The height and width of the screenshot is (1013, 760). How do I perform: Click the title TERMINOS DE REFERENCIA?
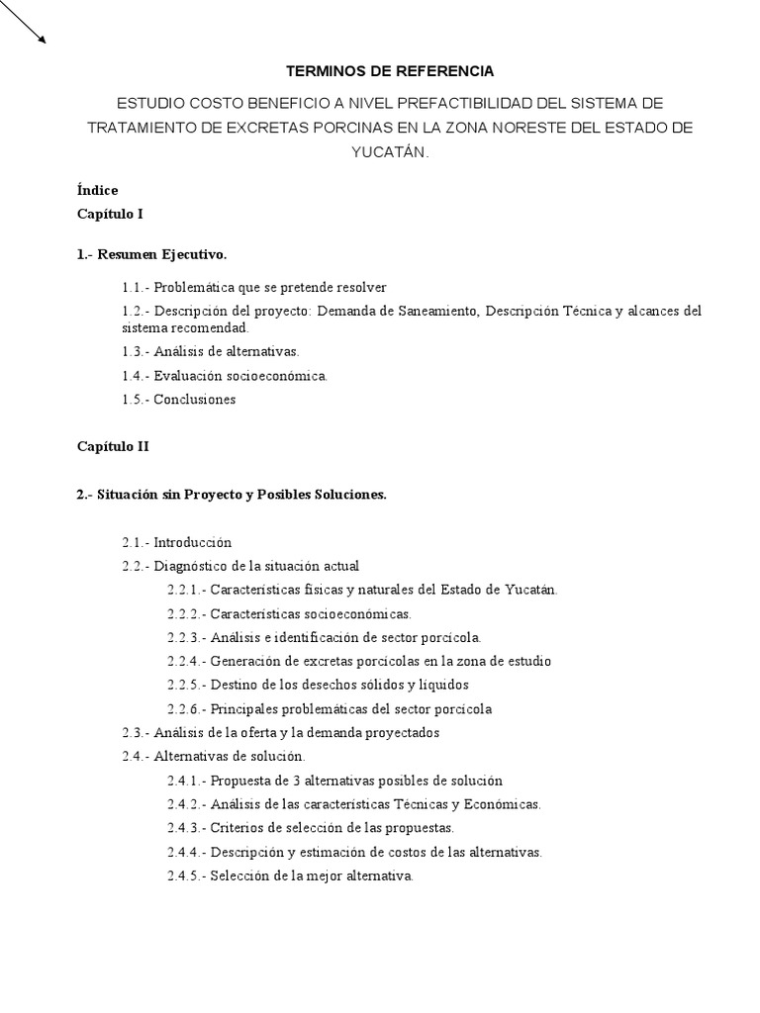click(389, 71)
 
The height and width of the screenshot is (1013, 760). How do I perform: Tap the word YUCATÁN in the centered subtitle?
click(390, 152)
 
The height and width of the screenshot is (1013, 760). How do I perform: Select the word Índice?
click(98, 189)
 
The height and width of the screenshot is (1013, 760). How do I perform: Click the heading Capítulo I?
click(111, 213)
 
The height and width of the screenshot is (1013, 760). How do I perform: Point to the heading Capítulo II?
click(114, 446)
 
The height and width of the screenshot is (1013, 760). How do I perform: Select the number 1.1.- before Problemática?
click(137, 287)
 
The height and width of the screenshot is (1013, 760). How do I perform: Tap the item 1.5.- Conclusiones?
click(179, 400)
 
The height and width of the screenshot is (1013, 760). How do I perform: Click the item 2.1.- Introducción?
click(177, 542)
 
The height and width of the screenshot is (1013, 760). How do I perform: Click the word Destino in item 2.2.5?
click(233, 685)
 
